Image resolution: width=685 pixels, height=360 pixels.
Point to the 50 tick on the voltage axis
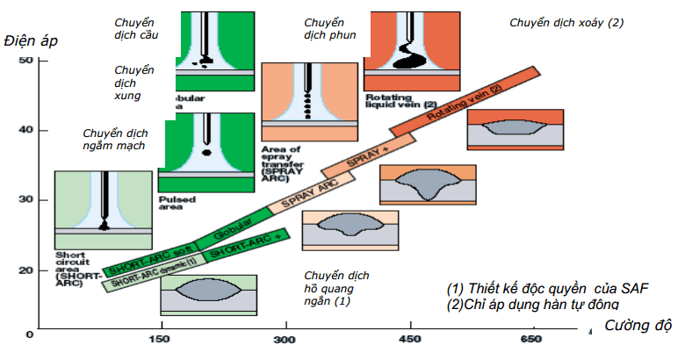coord(26,60)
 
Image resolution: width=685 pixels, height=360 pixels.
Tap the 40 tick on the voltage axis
coord(26,130)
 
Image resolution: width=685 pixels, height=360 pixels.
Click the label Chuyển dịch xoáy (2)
coord(566,22)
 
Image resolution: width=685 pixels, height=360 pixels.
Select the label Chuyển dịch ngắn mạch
coord(114,139)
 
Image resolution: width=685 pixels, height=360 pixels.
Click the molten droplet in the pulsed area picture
coord(207,152)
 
